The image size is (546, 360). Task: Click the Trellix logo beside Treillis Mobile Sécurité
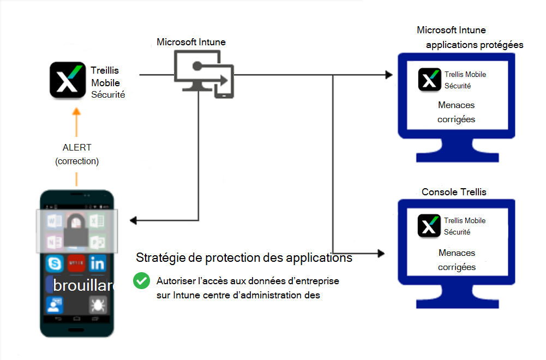68,80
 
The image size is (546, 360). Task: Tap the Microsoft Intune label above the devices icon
191,42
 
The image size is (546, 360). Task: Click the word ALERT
77,147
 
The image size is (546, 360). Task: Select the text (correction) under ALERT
77,161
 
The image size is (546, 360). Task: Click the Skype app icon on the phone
55,264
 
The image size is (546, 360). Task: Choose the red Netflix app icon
76,264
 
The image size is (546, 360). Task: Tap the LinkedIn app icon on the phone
98,264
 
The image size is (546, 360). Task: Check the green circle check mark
141,281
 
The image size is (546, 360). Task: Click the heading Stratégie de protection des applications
244,257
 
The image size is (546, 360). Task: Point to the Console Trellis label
454,192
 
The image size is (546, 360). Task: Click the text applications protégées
475,45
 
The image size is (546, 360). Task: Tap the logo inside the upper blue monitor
429,79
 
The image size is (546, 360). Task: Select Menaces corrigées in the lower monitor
456,260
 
